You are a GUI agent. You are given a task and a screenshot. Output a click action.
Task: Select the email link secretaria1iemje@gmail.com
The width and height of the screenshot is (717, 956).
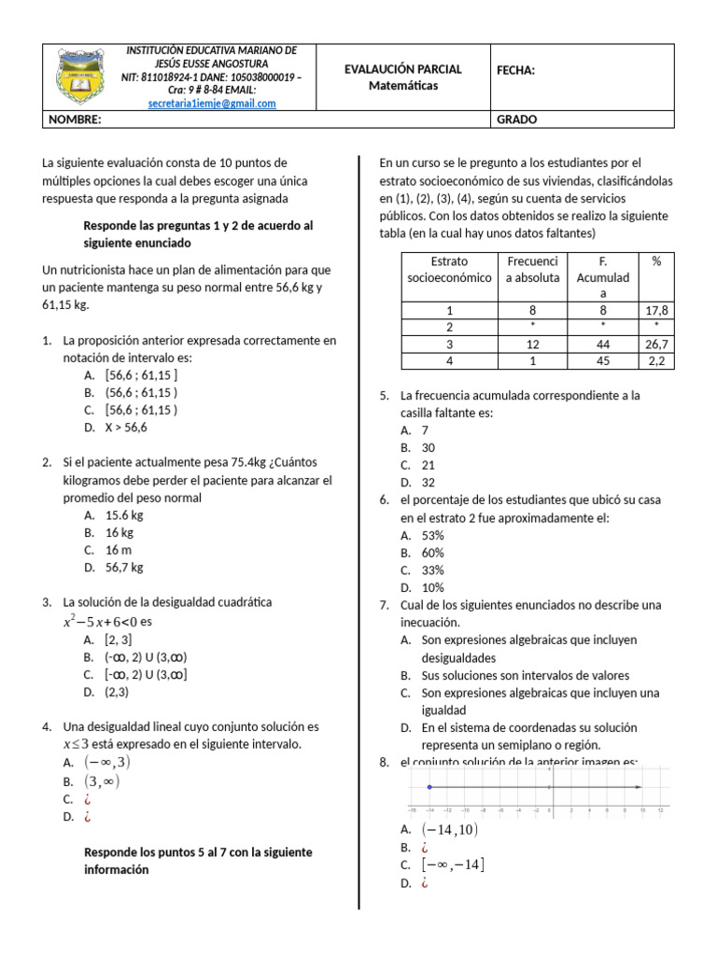click(212, 104)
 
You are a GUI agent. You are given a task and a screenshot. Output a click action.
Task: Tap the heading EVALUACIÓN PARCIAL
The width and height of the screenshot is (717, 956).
click(403, 69)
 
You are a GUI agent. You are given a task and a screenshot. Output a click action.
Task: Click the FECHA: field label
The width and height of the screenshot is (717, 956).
click(515, 69)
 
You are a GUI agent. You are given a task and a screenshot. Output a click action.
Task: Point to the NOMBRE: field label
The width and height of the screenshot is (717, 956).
click(75, 119)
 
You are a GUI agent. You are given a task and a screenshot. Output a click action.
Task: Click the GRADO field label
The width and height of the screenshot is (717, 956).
click(516, 119)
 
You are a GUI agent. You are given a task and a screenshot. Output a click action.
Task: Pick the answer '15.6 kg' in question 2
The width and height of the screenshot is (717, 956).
click(124, 514)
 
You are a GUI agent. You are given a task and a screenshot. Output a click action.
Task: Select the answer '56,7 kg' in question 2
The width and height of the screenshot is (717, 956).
click(124, 567)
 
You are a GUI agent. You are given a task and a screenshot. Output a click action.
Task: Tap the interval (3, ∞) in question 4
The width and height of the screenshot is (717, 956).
click(103, 781)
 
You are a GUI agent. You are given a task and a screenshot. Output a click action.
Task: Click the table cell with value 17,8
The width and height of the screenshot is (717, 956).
click(656, 311)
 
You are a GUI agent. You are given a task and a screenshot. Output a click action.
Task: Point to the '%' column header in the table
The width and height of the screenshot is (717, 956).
click(656, 261)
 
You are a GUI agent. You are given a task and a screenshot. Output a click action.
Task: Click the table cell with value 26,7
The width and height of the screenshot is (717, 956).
click(656, 344)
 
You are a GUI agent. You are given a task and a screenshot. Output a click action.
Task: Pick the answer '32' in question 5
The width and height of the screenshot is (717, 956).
click(429, 482)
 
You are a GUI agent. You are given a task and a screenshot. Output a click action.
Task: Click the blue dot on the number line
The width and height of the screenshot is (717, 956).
click(429, 787)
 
